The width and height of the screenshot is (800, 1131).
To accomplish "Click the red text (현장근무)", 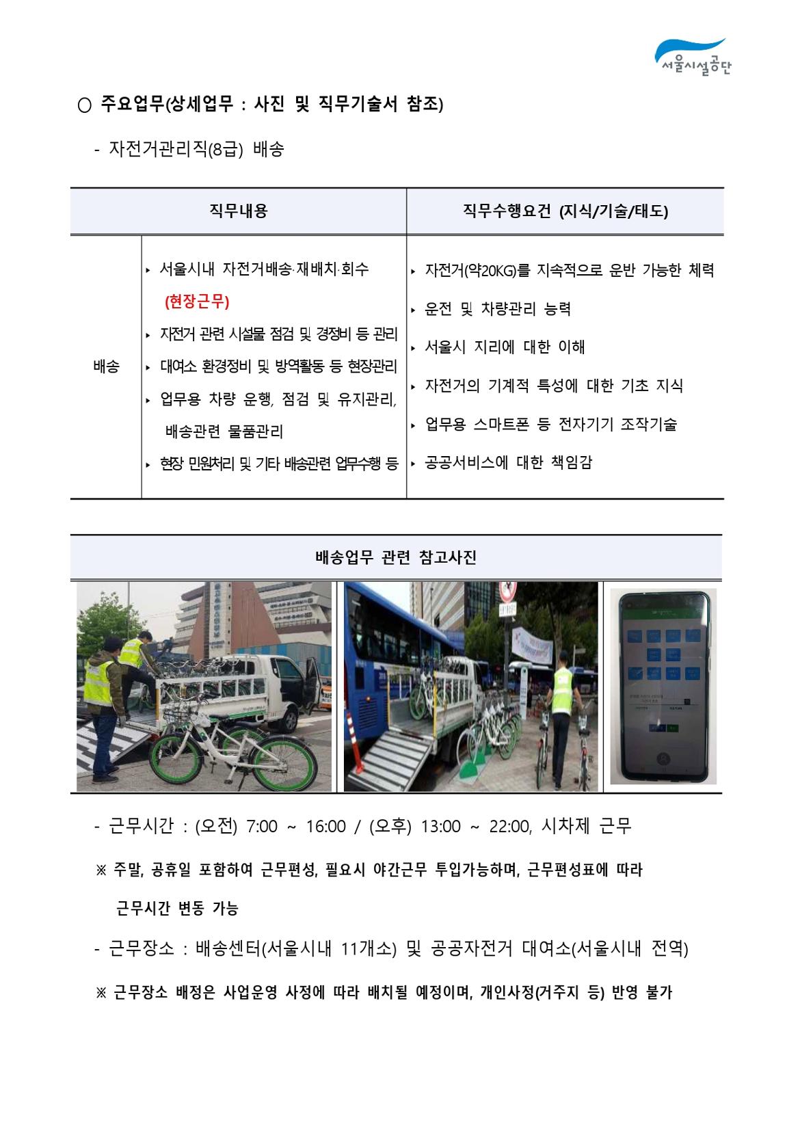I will point(197,302).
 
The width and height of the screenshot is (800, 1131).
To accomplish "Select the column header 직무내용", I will point(238,211).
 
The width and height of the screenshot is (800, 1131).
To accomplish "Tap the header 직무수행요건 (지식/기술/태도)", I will point(565,211).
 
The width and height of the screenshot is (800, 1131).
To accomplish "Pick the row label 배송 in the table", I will point(106,367).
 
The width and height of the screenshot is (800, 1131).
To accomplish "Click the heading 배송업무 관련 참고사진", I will point(396,557).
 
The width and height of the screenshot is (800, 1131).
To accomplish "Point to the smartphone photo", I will point(663,687).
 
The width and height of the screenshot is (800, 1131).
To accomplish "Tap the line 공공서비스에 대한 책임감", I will point(508,462).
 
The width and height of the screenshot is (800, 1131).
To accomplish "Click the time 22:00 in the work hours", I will point(509,826).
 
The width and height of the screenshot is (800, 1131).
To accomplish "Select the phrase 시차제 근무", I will point(586,826).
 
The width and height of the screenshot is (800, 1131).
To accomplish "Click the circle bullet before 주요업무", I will point(85,105).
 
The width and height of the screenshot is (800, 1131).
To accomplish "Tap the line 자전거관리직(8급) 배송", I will point(196,150).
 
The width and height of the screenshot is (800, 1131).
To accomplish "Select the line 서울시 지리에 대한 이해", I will point(505,347).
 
